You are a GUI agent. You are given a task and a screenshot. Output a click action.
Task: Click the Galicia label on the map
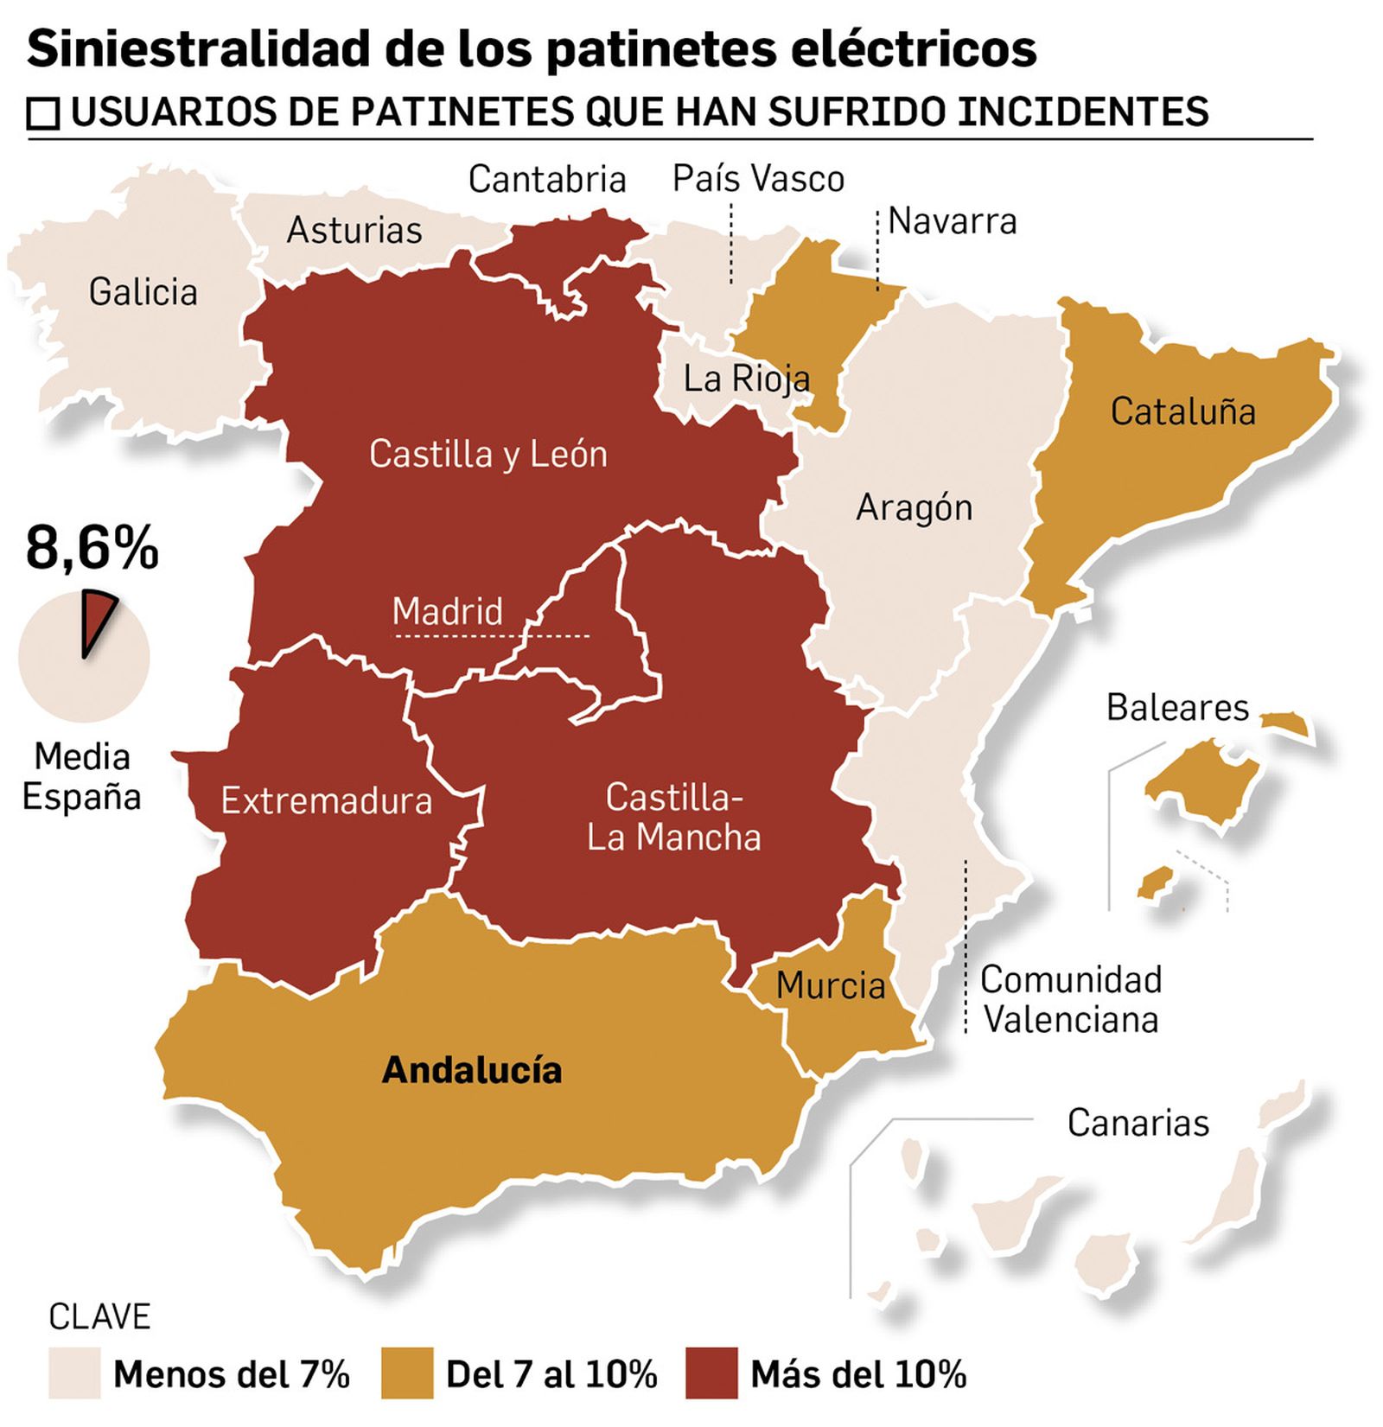(x=143, y=292)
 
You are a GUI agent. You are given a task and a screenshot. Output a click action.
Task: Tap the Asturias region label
(x=354, y=231)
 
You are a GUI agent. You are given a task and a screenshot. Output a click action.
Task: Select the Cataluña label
(x=1182, y=411)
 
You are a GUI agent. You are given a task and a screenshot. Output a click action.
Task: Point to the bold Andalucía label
(x=472, y=1070)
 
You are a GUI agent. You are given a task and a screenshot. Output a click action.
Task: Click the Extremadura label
(x=326, y=801)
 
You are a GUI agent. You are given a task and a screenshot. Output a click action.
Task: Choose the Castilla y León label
(x=488, y=455)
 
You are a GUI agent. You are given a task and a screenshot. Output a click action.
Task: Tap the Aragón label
(x=914, y=508)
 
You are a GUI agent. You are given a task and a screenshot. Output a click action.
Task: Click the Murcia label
(x=830, y=985)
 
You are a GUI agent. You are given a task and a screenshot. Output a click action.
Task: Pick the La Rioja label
(x=746, y=379)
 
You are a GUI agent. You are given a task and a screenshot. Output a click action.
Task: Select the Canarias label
(x=1138, y=1123)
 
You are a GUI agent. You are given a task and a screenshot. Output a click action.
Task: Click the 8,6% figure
(x=92, y=548)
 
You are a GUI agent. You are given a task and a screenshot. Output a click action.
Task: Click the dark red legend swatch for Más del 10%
(x=711, y=1373)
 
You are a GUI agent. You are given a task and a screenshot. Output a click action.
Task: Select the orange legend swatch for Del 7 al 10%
(x=406, y=1373)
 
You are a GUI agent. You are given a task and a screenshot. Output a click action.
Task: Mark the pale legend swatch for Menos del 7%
(x=74, y=1373)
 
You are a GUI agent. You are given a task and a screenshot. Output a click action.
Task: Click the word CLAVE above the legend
(x=99, y=1317)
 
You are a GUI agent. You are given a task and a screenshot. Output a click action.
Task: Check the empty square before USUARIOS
(x=43, y=114)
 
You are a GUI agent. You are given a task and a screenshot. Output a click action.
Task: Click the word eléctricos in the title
(x=901, y=49)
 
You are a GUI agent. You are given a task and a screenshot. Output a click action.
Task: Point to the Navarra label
(x=952, y=222)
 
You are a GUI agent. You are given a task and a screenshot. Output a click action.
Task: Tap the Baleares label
(x=1177, y=708)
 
